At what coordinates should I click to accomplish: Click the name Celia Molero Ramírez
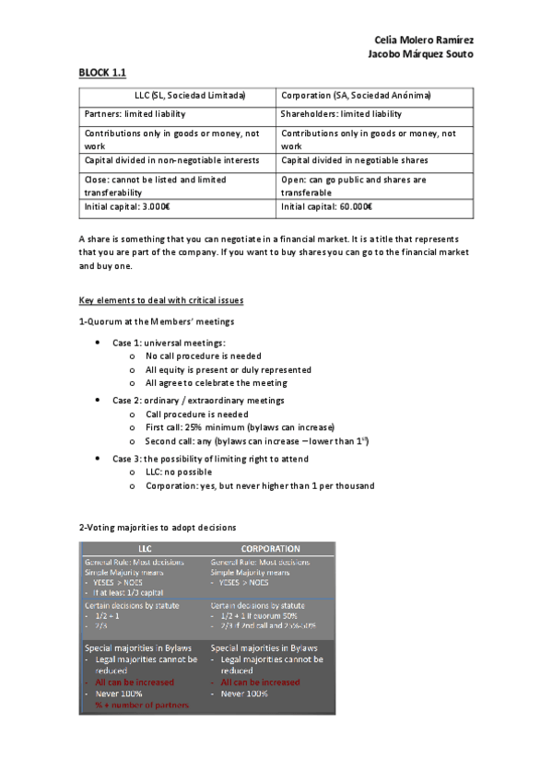tap(426, 41)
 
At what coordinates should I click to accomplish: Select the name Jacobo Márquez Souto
tap(421, 54)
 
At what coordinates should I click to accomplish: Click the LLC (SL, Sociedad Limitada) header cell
tap(177, 96)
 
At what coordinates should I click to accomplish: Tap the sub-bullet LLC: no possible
tap(179, 472)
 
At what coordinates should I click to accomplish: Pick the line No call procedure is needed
tap(203, 356)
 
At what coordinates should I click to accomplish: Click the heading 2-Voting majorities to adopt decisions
tap(158, 528)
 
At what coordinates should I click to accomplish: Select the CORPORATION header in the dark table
tap(271, 548)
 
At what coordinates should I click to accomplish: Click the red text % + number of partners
tap(142, 705)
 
